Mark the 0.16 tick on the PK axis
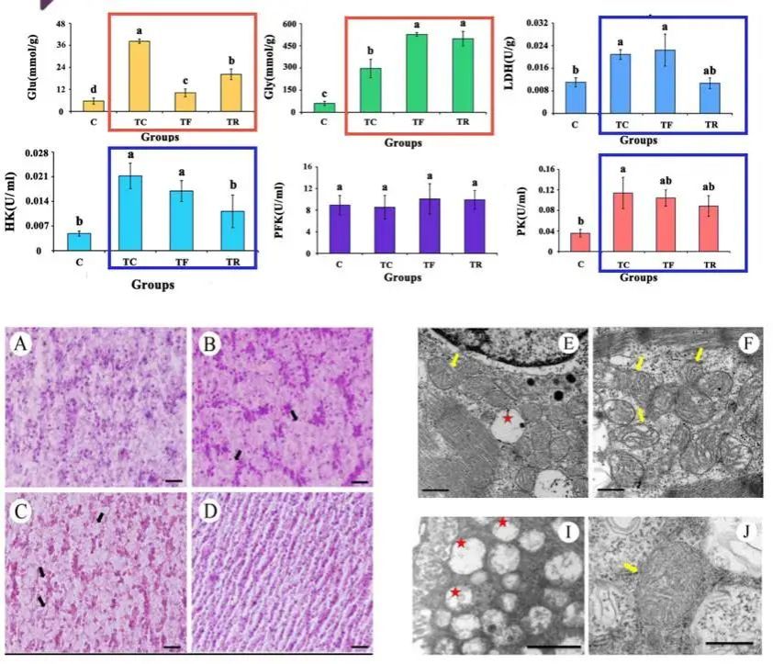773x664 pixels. tap(545, 169)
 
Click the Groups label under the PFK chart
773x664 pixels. tap(403, 276)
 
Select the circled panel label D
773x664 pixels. tap(208, 511)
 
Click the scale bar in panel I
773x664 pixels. tap(555, 647)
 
